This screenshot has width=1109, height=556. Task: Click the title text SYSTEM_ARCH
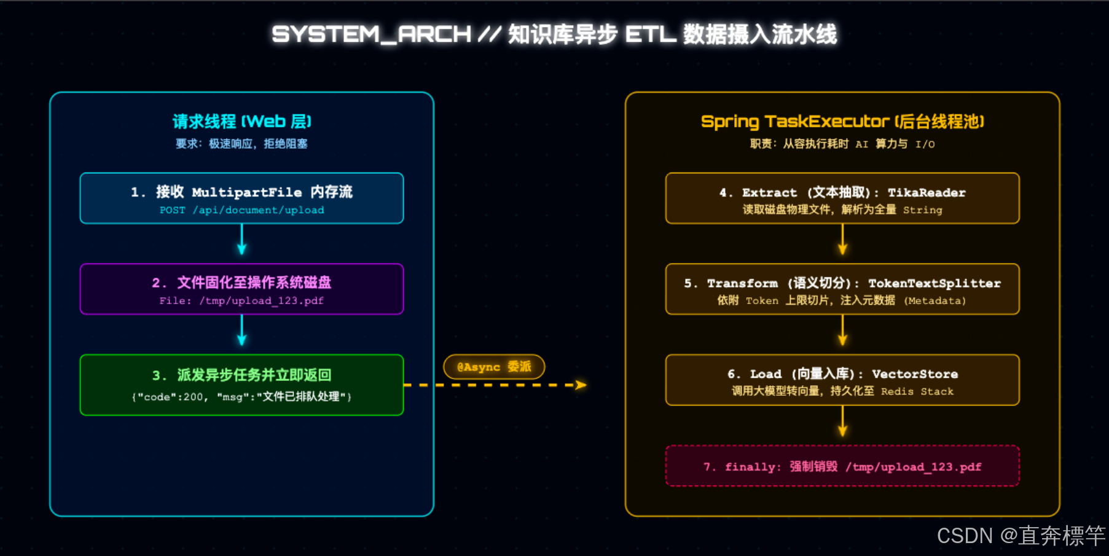371,34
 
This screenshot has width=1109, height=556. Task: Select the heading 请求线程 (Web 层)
241,122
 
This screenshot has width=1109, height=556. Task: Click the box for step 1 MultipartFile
241,198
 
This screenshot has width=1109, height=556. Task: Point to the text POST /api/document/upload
241,210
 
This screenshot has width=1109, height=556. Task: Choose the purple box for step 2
241,289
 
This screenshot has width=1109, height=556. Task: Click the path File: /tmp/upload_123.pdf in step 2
241,301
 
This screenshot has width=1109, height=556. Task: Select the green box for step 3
241,385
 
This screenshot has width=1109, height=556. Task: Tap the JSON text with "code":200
241,397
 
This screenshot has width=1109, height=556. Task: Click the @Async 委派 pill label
494,367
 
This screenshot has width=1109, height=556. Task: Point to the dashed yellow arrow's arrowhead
581,385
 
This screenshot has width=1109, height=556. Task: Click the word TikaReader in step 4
927,193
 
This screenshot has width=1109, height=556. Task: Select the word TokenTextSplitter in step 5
934,284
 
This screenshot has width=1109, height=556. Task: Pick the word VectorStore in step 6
915,374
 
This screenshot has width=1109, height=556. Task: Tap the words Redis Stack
917,391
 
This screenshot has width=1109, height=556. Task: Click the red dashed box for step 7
842,466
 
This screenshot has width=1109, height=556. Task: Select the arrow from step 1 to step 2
241,241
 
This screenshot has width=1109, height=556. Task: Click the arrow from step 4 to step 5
842,241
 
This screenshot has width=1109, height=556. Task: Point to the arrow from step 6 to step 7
842,423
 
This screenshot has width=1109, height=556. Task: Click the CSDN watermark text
1021,536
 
